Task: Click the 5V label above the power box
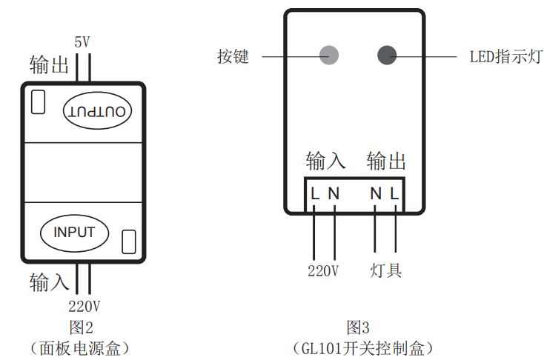[x=82, y=42]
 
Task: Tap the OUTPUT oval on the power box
[x=98, y=111]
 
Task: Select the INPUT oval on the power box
[x=74, y=232]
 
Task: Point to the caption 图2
[x=81, y=326]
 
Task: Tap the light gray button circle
[x=328, y=55]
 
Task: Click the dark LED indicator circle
[x=387, y=55]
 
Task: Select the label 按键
[x=233, y=56]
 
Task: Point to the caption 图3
[x=357, y=327]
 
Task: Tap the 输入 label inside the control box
[x=325, y=161]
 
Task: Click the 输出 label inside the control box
[x=386, y=161]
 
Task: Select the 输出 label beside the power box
[x=49, y=64]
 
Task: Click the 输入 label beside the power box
[x=49, y=281]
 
